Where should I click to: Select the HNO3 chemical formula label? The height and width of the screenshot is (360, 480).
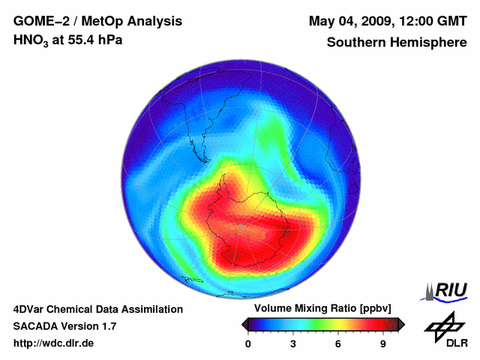coord(31,40)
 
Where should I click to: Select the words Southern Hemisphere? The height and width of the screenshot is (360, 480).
coord(397,42)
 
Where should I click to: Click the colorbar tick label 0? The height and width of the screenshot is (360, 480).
coord(248,344)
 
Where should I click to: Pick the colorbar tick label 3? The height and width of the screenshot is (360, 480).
coord(293,344)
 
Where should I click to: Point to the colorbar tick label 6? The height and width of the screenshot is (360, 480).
coord(338,344)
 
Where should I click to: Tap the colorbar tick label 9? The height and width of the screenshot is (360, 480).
coord(382,344)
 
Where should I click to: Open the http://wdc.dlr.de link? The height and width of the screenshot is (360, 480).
coord(54,343)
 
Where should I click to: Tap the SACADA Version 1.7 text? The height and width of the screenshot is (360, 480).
coord(64,326)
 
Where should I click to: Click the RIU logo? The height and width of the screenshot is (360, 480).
coord(449,290)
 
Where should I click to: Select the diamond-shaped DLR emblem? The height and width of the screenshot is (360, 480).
coord(443,324)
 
